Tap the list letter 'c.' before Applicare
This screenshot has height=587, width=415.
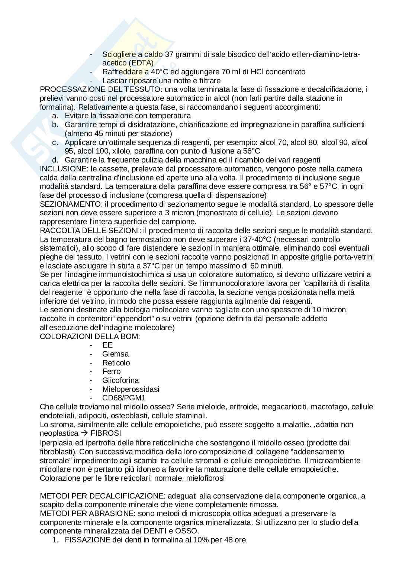[55, 142]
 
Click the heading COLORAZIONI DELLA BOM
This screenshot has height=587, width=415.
[90, 336]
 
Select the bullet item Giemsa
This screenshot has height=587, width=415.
[115, 354]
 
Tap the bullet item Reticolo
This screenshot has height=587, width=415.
[116, 363]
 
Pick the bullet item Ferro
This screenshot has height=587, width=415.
[111, 371]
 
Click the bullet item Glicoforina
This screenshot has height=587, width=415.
[120, 380]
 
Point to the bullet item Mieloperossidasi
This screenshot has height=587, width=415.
[131, 389]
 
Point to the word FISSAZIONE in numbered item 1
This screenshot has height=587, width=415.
[87, 540]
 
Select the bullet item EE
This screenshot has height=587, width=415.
[107, 345]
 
